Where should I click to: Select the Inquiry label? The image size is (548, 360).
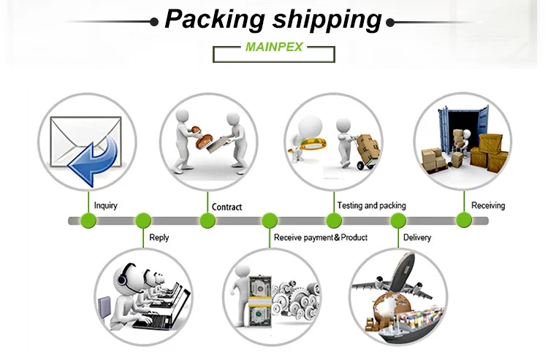[105, 206]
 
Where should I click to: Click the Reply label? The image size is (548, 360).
[159, 237]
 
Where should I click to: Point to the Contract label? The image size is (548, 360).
[227, 207]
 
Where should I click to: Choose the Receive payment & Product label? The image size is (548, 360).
[320, 237]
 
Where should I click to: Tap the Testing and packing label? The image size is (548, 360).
[371, 205]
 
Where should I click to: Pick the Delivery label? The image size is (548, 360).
[417, 237]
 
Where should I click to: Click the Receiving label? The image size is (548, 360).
[488, 205]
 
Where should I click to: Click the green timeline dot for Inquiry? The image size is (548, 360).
[88, 221]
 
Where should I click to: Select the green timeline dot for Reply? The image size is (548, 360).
[143, 221]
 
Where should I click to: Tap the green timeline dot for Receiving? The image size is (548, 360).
[463, 221]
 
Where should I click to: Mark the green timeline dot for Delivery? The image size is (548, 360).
[398, 221]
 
